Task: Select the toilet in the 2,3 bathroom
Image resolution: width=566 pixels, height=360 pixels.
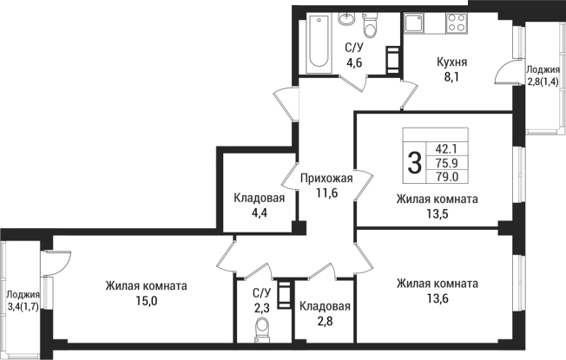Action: point(261,329)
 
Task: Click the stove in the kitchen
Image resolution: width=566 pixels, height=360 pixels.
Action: point(454,26)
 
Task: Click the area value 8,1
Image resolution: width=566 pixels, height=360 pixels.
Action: point(451,76)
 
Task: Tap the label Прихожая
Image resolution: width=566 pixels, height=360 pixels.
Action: point(326,179)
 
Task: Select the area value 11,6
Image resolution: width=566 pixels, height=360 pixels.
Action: point(326,193)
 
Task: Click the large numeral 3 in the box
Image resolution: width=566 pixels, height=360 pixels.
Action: point(415,160)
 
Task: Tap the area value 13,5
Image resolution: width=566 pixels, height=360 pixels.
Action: point(437,213)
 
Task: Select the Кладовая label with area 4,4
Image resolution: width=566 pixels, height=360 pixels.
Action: point(259,198)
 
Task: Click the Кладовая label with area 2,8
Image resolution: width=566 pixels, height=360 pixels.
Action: point(325,307)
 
